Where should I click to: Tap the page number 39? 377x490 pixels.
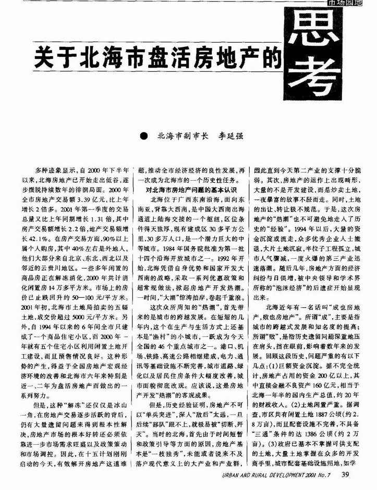(345, 474)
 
